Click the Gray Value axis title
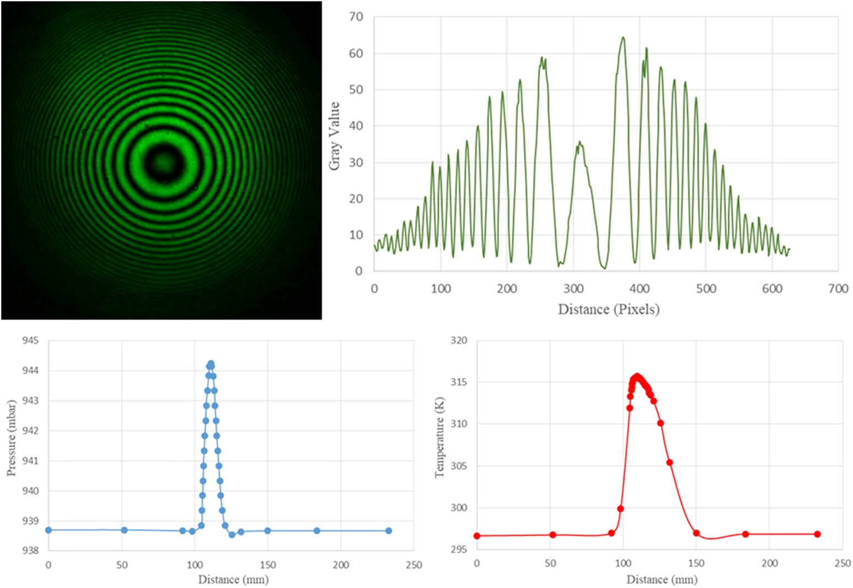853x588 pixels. [x=334, y=136]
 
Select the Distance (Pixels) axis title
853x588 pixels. [x=608, y=309]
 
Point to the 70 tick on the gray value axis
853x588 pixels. [x=356, y=17]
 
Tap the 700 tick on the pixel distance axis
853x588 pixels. [x=838, y=289]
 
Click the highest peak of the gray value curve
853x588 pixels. [x=623, y=37]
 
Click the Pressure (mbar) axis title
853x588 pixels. [x=12, y=438]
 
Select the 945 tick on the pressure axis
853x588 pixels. [x=30, y=341]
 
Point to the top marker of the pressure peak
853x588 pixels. [x=211, y=364]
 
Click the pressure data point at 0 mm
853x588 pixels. [x=49, y=530]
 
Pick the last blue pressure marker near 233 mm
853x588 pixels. [x=389, y=531]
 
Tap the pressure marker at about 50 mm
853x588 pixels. [x=124, y=530]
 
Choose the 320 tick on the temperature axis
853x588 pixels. [x=459, y=341]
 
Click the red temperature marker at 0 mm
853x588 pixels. [x=477, y=536]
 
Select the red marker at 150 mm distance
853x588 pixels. [x=696, y=533]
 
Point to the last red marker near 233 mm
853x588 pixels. [x=817, y=534]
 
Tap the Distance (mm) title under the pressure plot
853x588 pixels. [x=233, y=580]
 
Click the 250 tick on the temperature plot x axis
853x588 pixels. [x=843, y=563]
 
